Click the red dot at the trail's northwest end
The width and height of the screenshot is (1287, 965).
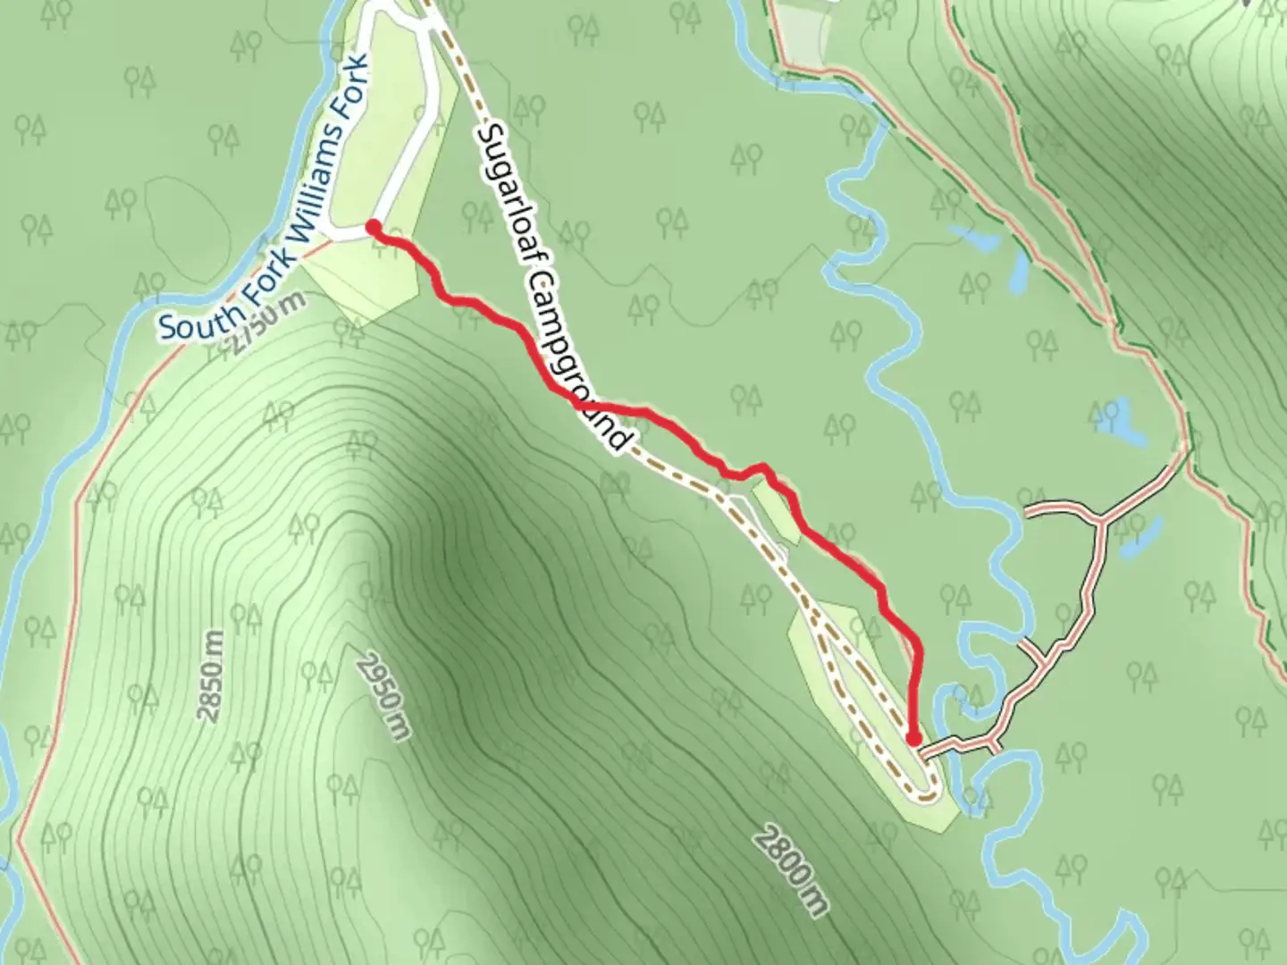[373, 227]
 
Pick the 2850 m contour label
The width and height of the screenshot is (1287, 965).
[211, 675]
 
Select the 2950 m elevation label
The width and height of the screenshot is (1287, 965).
[383, 698]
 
